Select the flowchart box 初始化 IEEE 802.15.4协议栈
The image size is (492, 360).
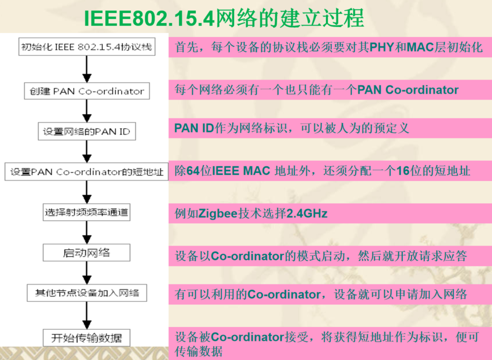click(x=86, y=48)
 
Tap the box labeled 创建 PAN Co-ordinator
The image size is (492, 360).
click(x=87, y=91)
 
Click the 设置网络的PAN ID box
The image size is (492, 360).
click(x=87, y=131)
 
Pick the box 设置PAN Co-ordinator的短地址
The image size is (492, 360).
click(x=87, y=172)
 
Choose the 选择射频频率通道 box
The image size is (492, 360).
click(x=86, y=212)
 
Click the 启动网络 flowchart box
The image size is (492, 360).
click(x=86, y=252)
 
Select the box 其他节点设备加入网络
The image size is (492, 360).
click(x=87, y=293)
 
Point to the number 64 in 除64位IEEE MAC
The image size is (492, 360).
click(x=193, y=171)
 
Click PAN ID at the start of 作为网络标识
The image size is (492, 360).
click(x=194, y=128)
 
